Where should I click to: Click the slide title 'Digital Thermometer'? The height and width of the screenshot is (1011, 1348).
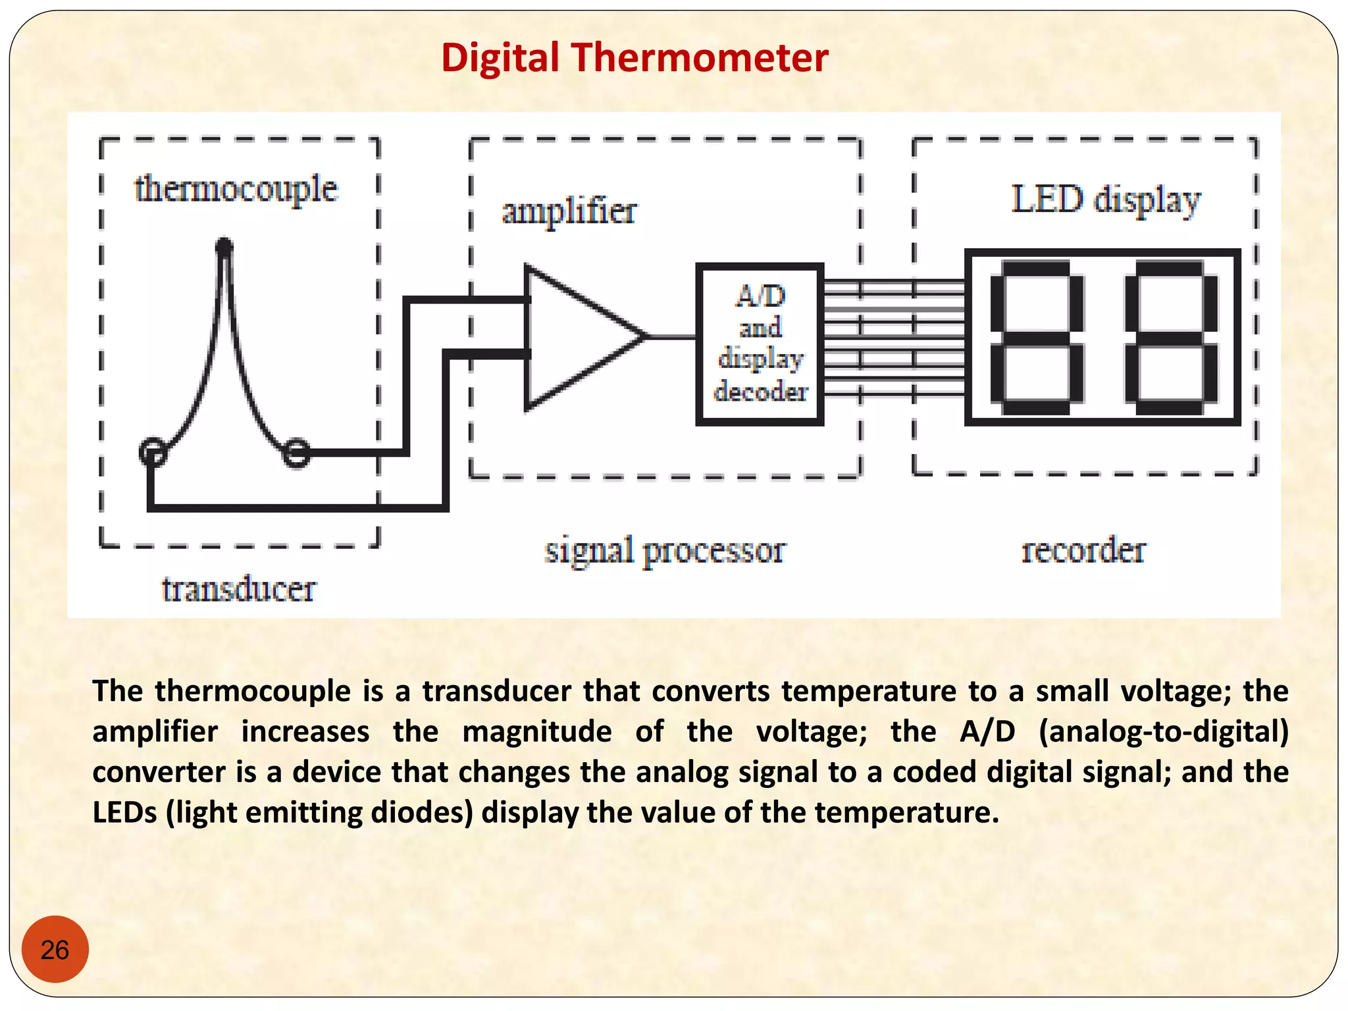coord(634,58)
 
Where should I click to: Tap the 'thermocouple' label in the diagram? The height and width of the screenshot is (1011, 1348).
coord(236,190)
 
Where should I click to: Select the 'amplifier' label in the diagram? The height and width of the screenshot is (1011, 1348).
coord(569,212)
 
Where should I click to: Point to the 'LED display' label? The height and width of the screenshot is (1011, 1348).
coord(1106,200)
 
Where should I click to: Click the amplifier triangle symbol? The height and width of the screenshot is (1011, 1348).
coord(573,337)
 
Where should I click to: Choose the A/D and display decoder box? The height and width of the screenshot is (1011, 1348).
coord(760,344)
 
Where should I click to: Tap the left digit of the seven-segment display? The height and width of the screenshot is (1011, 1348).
coord(1037,337)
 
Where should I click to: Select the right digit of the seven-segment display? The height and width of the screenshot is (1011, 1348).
coord(1171,337)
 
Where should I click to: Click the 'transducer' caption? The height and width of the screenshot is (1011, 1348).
coord(238,589)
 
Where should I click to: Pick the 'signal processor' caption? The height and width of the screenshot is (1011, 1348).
coord(665,550)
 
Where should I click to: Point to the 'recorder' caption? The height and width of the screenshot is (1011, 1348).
coord(1083,550)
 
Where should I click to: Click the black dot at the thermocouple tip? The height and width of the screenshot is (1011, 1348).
coord(224,247)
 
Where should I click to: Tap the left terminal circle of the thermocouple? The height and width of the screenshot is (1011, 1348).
coord(153,452)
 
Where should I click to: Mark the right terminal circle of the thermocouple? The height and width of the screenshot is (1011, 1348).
coord(296,452)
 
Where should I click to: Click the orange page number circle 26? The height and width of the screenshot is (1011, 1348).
coord(55,949)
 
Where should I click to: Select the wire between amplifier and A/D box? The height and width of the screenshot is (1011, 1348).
coord(671,337)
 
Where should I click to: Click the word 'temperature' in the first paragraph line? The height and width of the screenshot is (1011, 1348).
coord(869,691)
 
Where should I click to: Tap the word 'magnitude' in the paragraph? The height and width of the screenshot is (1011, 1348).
coord(536,732)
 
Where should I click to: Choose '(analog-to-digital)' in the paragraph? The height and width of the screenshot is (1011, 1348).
coord(1163,732)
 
